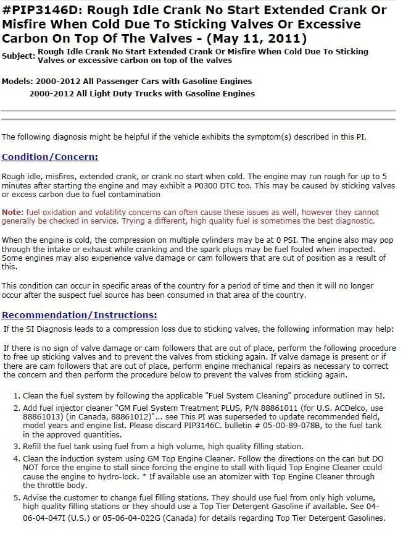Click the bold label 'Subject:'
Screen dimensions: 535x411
[19, 56]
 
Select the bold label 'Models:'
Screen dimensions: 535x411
[17, 82]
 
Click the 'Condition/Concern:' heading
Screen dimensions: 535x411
[50, 157]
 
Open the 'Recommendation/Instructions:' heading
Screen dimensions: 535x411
[80, 315]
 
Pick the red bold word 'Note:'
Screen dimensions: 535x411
[13, 212]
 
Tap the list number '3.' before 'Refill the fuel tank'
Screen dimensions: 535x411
[17, 447]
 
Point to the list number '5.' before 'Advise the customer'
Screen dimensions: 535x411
[17, 498]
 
